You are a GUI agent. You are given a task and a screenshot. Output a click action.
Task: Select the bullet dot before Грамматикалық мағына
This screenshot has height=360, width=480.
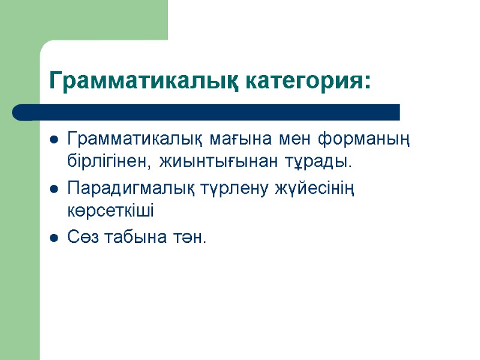pyautogui.click(x=53, y=142)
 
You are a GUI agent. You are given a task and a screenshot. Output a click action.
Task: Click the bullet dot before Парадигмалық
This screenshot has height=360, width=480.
pyautogui.click(x=53, y=190)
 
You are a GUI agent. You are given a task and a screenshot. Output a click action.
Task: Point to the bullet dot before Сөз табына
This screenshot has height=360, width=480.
pyautogui.click(x=53, y=239)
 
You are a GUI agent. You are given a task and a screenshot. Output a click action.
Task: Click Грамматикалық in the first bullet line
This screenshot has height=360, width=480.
pyautogui.click(x=137, y=141)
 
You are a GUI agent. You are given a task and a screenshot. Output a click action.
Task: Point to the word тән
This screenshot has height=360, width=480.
pyautogui.click(x=190, y=238)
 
